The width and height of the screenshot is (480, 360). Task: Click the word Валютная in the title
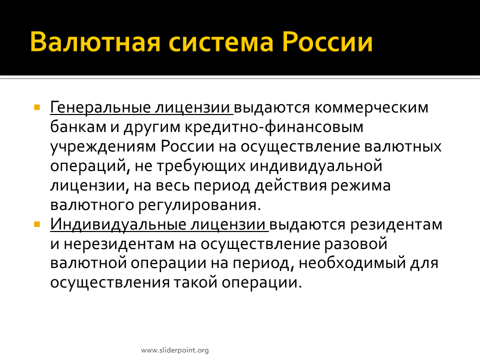click(x=95, y=42)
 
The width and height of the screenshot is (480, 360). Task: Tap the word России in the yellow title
click(x=327, y=42)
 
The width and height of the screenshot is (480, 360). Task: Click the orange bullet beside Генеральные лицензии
click(x=37, y=107)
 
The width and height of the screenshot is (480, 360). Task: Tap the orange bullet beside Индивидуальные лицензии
click(x=37, y=224)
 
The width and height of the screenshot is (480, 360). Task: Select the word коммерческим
click(x=371, y=108)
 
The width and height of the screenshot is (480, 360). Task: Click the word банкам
click(x=78, y=127)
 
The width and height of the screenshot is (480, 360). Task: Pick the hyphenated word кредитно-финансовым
click(x=274, y=127)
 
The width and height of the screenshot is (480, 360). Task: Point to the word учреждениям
click(x=103, y=147)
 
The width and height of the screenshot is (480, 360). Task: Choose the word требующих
click(x=201, y=166)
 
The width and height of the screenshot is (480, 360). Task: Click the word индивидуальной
click(x=316, y=166)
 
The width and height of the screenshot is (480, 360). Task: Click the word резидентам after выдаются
click(x=396, y=225)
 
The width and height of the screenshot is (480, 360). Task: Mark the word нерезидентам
click(x=119, y=244)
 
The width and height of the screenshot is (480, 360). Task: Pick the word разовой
click(x=355, y=244)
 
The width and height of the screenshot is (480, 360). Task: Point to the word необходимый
click(x=352, y=263)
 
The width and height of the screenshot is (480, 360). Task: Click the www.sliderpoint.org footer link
click(x=175, y=350)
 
